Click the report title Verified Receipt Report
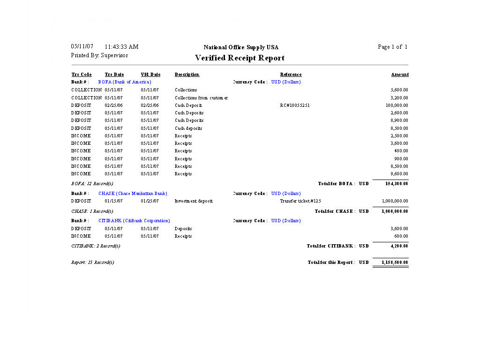tap(240, 58)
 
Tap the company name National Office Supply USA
tap(241, 47)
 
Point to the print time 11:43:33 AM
tap(121, 47)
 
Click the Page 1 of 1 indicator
tap(392, 47)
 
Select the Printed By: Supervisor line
tap(99, 55)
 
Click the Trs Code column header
tap(82, 75)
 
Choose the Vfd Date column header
tap(150, 75)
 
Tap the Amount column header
tap(400, 75)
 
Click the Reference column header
tap(291, 75)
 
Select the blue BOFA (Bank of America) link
tap(125, 82)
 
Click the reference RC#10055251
tap(295, 105)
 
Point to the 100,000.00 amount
tap(397, 105)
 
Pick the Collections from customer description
tap(201, 98)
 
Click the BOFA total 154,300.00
tap(397, 184)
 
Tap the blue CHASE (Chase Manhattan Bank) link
tap(133, 194)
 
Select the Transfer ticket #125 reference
tap(300, 201)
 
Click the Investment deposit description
tap(194, 201)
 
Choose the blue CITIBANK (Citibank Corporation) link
tap(134, 221)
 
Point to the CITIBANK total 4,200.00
tap(400, 246)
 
